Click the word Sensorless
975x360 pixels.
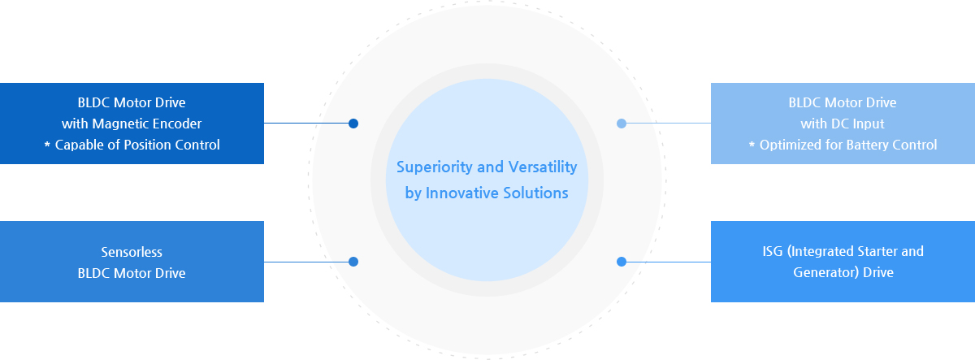[132, 252]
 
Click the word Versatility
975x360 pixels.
[543, 167]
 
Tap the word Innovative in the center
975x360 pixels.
[461, 193]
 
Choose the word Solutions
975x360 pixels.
[535, 193]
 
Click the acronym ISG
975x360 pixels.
[773, 251]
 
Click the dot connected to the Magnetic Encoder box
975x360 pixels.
[353, 124]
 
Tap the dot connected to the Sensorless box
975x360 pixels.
[353, 262]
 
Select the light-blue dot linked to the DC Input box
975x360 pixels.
[622, 124]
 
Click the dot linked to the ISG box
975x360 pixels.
[622, 262]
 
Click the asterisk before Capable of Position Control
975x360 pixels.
[47, 144]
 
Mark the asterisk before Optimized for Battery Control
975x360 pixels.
[752, 144]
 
